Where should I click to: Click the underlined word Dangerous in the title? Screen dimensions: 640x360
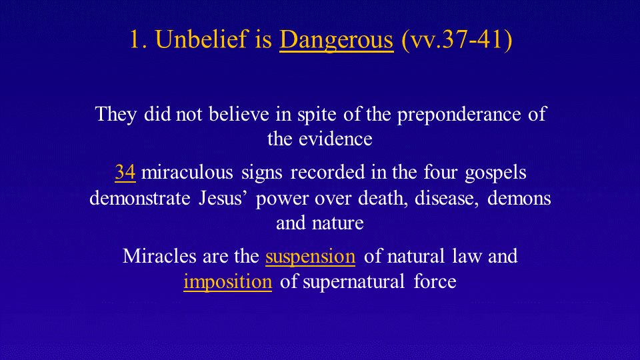click(336, 40)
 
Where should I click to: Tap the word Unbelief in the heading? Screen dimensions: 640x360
click(202, 39)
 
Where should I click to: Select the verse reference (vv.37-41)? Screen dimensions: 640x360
click(457, 40)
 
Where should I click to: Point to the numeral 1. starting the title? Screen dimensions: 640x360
click(139, 40)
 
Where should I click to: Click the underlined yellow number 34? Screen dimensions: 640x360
click(125, 172)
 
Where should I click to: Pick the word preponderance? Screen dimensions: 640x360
click(459, 115)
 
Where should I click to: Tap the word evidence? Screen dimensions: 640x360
click(335, 139)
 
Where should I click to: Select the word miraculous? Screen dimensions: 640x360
click(187, 172)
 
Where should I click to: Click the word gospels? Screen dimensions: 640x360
click(495, 173)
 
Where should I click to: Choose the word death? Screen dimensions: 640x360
click(383, 199)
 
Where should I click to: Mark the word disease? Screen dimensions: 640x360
click(447, 199)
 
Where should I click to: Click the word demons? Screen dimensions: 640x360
click(519, 199)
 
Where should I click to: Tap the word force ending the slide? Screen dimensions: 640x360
click(435, 281)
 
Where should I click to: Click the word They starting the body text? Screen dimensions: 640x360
click(116, 114)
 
